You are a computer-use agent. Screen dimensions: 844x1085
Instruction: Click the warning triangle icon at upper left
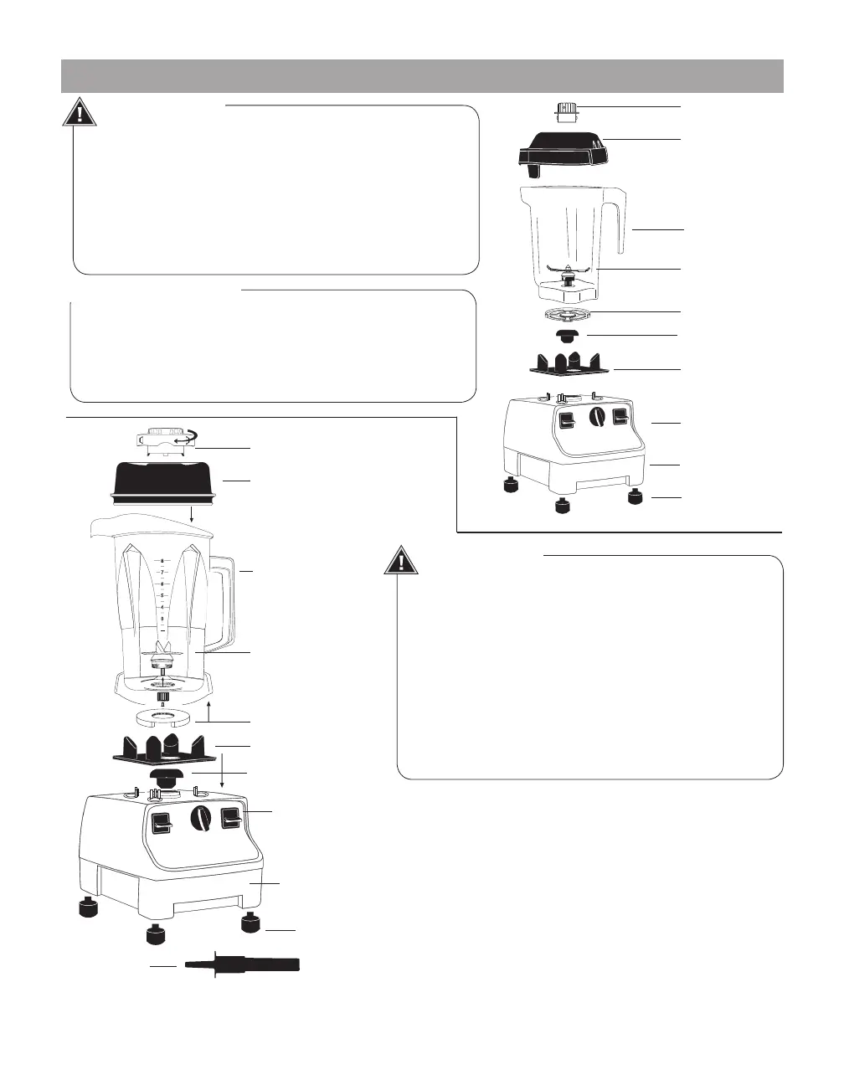click(x=80, y=112)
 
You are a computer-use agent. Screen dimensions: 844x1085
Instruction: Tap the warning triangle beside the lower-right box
click(x=401, y=560)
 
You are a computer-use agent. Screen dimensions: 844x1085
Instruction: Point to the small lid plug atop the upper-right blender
click(x=569, y=111)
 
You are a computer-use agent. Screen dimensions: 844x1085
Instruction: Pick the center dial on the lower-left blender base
click(x=201, y=820)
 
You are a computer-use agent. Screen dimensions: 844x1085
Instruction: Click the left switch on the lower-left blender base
click(x=162, y=825)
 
